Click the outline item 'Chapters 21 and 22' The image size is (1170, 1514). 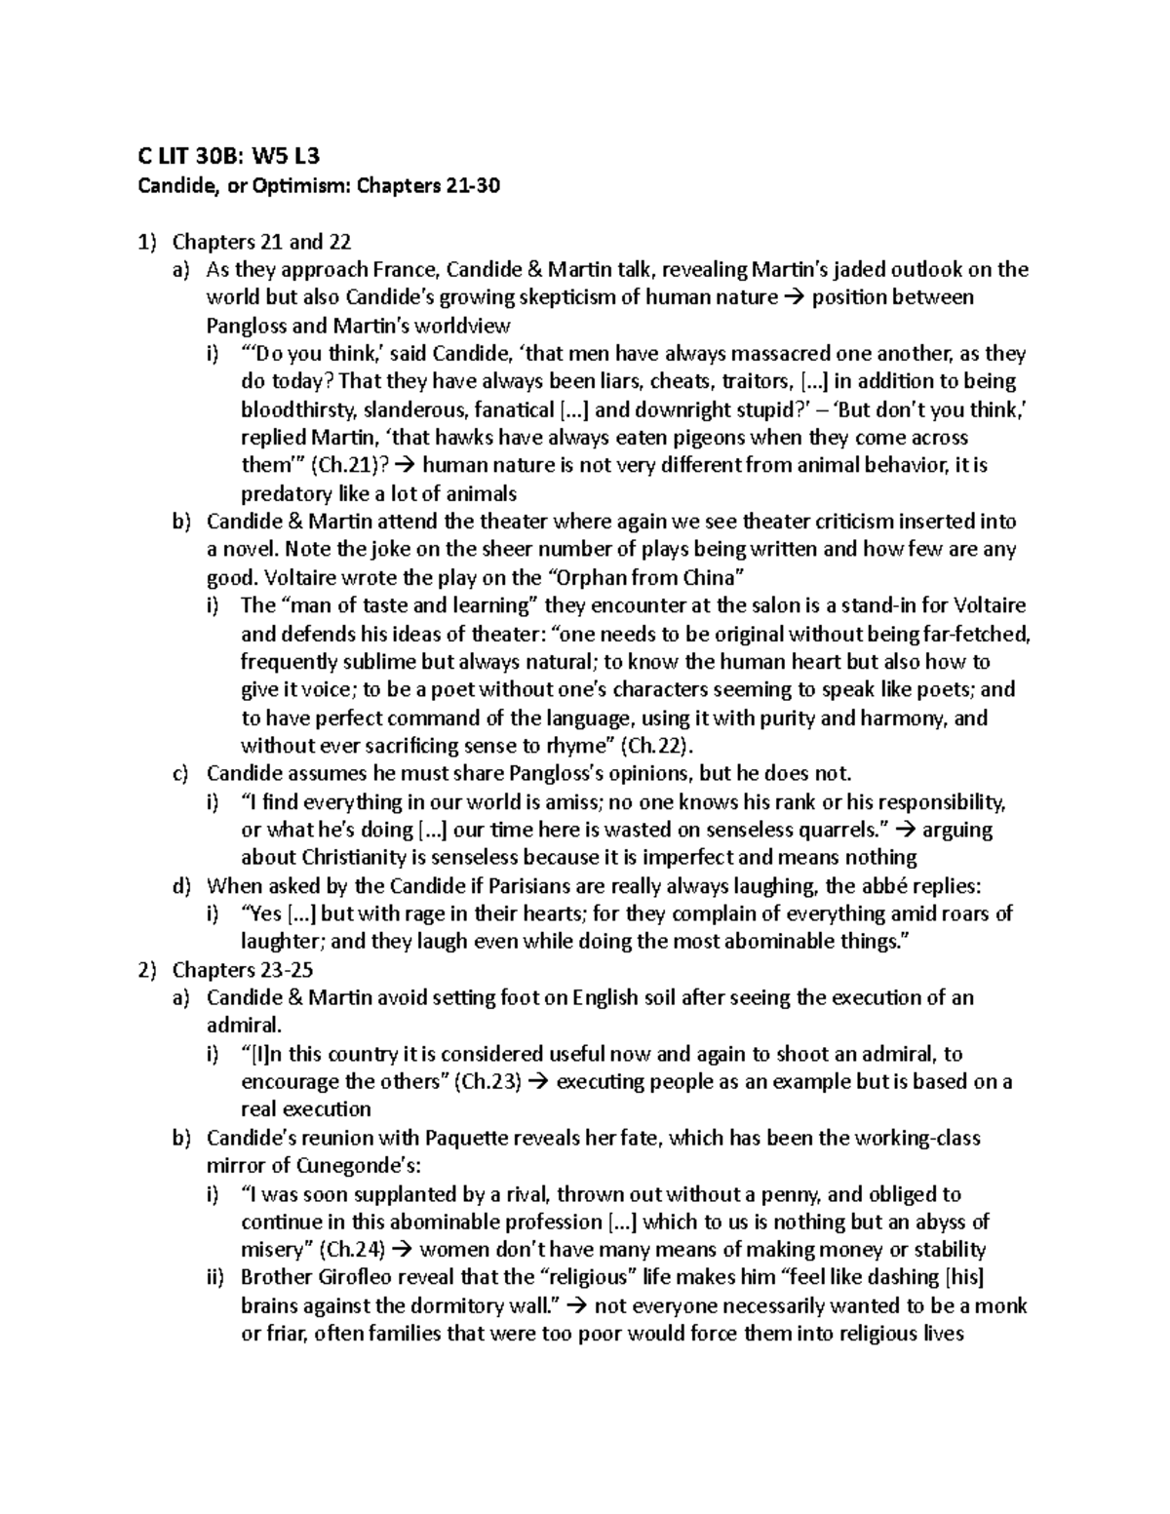point(261,241)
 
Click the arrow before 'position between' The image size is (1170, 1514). point(794,297)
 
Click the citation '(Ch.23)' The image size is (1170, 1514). point(488,1081)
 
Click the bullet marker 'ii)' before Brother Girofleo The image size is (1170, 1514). point(215,1278)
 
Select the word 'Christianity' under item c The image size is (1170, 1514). point(342,858)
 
